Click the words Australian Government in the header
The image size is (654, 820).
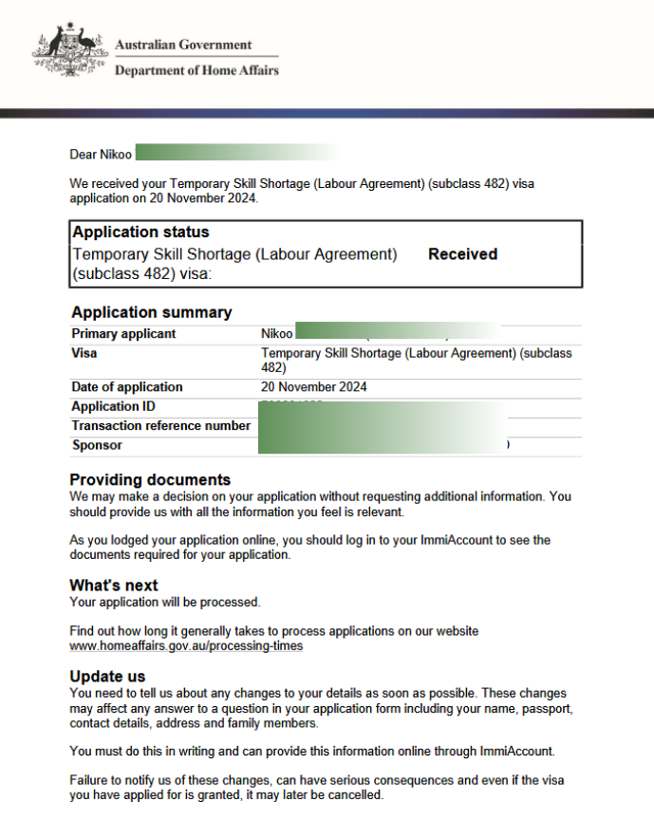(183, 45)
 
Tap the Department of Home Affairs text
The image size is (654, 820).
(196, 70)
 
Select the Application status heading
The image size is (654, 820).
(140, 233)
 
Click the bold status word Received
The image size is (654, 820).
(462, 254)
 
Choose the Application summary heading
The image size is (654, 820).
(151, 312)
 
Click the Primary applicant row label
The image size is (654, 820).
(123, 334)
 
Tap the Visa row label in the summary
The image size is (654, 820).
(84, 353)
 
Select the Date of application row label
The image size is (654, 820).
(127, 387)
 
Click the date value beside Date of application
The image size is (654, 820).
(313, 387)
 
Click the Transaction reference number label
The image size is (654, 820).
(160, 426)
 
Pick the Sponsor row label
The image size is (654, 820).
(97, 445)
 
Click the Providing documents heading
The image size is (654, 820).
(150, 479)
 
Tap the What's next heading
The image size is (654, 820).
(114, 586)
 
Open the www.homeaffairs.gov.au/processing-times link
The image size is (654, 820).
(186, 646)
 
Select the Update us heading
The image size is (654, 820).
(107, 677)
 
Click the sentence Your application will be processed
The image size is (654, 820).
(164, 602)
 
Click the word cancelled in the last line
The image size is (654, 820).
(353, 795)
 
